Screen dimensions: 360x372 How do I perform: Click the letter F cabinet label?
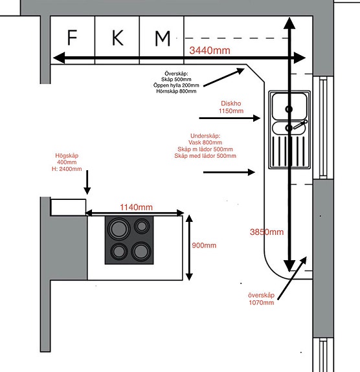pos(72,38)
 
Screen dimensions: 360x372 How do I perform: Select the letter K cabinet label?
pos(118,38)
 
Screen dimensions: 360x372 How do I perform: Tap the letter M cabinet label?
pos(163,38)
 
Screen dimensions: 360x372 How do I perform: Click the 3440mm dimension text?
pos(210,50)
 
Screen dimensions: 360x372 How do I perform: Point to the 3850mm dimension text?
pos(267,232)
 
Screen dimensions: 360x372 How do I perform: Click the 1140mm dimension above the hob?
pos(137,207)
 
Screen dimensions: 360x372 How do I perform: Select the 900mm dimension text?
pos(204,245)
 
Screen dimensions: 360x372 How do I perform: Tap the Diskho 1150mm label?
pos(231,107)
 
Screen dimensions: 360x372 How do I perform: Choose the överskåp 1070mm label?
pos(261,299)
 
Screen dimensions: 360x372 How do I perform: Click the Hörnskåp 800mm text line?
pos(176,91)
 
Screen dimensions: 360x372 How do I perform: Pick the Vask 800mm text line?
pos(205,142)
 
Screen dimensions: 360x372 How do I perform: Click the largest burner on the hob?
pos(118,229)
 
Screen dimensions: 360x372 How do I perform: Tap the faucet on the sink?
pos(300,124)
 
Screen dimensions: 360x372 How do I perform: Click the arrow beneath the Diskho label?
pos(230,118)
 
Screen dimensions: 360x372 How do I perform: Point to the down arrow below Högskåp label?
pos(87,182)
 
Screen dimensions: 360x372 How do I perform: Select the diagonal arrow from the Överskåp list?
pos(224,78)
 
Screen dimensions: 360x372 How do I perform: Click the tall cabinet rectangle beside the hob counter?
pos(68,207)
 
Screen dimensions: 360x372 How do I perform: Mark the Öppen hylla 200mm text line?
pos(176,85)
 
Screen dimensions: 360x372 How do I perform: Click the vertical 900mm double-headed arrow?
pos(189,248)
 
